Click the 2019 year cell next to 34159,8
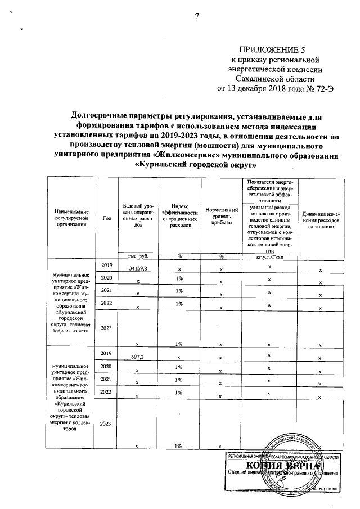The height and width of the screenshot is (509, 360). [107, 265]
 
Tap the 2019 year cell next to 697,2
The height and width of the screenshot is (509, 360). [107, 353]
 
